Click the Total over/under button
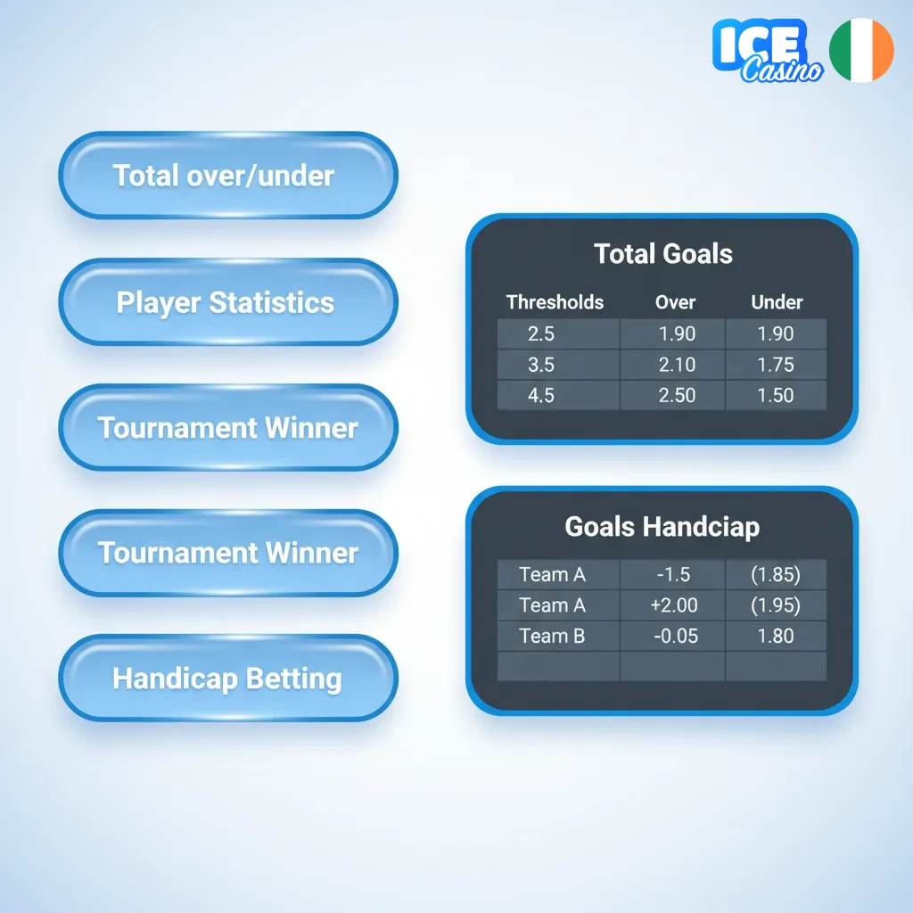tap(227, 176)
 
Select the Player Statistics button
tap(227, 302)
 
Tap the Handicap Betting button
tap(227, 679)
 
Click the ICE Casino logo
tap(766, 52)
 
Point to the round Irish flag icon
tap(861, 50)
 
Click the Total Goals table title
tap(663, 254)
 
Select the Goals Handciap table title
tap(662, 526)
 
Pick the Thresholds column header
tap(555, 302)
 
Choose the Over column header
tap(675, 302)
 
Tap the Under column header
tap(777, 302)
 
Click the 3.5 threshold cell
tap(541, 365)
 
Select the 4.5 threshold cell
tap(541, 395)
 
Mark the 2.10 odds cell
tap(676, 365)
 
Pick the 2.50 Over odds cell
tap(676, 395)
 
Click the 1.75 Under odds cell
tap(775, 365)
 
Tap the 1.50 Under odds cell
tap(775, 395)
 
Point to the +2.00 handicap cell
tap(674, 605)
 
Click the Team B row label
tap(553, 636)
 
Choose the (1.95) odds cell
tap(775, 605)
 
